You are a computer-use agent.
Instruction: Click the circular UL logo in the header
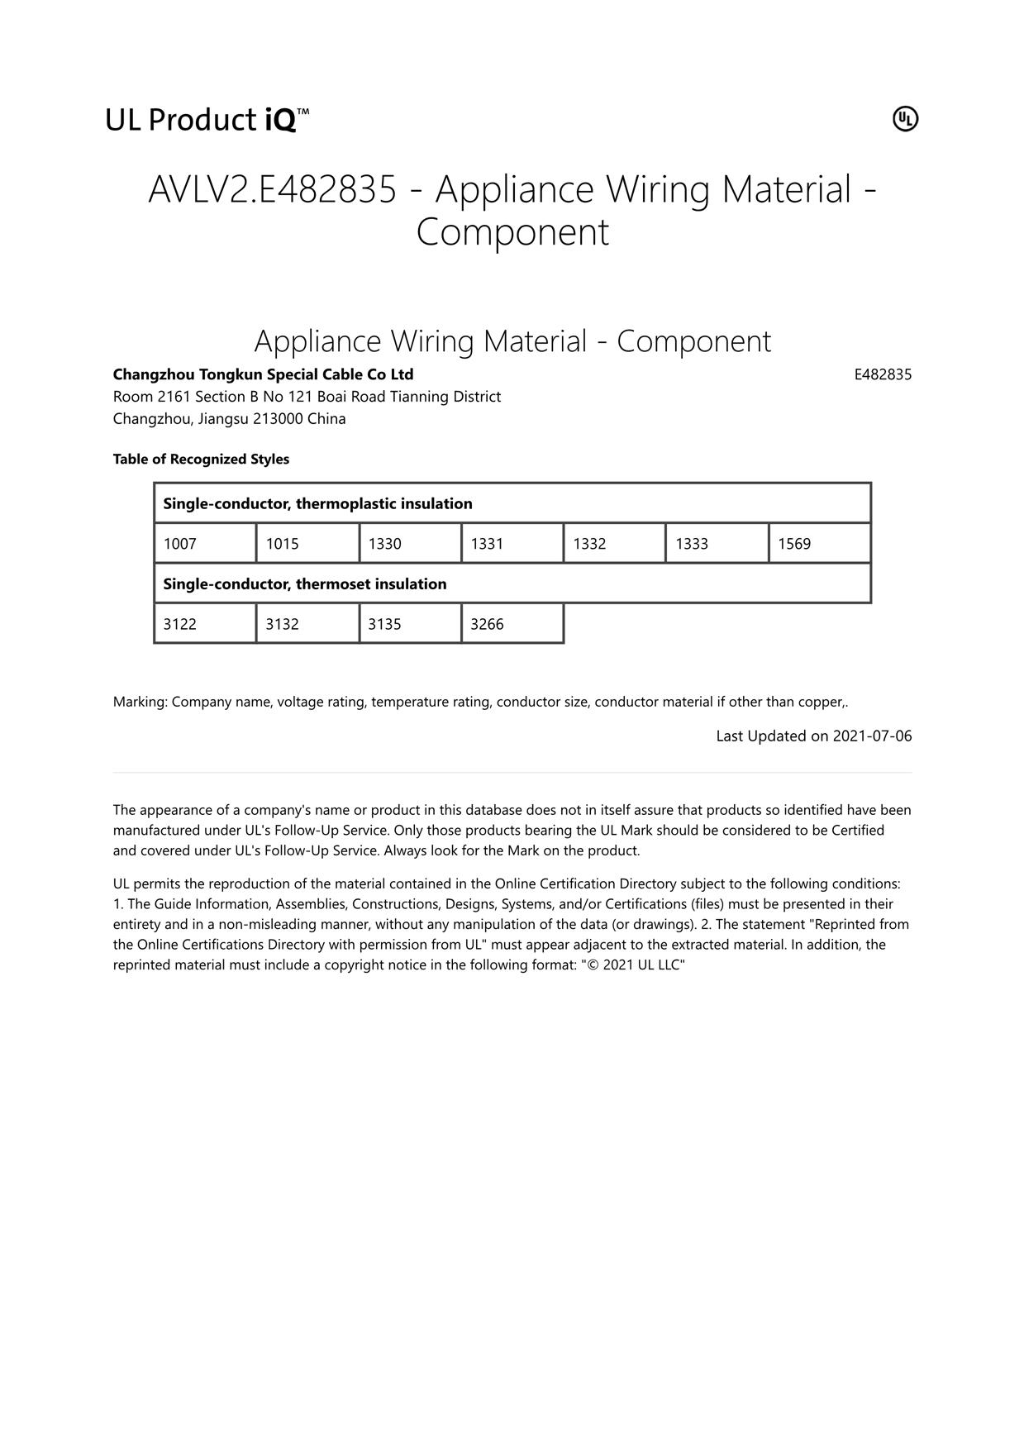point(905,119)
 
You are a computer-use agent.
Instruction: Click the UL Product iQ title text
point(207,120)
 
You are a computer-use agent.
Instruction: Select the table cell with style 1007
point(205,543)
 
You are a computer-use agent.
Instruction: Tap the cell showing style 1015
point(307,543)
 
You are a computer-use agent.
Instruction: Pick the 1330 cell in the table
point(410,543)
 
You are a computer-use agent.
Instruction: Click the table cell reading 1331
point(512,543)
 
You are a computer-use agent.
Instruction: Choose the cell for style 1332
point(614,543)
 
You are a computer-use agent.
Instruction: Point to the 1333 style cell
point(717,543)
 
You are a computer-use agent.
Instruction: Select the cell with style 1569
point(819,543)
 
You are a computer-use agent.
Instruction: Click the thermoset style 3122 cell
point(205,623)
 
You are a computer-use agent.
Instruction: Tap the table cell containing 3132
point(307,623)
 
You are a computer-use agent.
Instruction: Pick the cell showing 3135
point(410,623)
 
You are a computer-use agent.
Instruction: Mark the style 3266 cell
point(512,623)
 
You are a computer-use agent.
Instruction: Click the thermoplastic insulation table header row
point(512,503)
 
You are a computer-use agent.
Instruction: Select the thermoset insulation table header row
point(512,583)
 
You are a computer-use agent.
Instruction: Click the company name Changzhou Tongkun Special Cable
point(263,374)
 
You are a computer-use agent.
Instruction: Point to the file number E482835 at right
point(883,374)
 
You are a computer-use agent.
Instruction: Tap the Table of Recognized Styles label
point(201,459)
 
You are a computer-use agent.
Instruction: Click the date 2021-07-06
point(872,736)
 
